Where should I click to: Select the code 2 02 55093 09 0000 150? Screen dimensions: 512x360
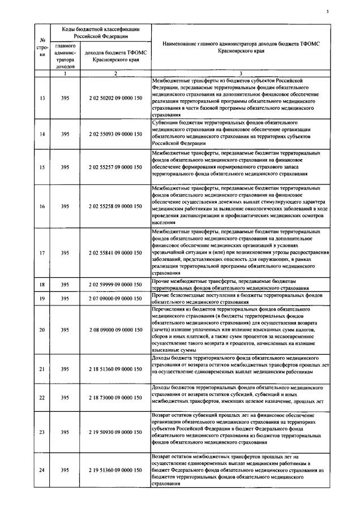pos(115,134)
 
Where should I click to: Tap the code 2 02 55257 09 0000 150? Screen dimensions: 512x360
pos(115,167)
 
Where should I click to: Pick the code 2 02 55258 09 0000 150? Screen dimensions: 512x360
pos(115,206)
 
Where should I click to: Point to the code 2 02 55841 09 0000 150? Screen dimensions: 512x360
pos(115,252)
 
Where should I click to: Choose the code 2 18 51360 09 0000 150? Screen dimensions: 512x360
pos(115,369)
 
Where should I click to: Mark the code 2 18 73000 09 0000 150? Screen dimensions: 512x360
pos(115,398)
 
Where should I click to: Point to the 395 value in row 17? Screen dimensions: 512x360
pos(65,252)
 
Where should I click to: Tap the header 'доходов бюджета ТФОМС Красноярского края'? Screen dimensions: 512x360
pos(115,55)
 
